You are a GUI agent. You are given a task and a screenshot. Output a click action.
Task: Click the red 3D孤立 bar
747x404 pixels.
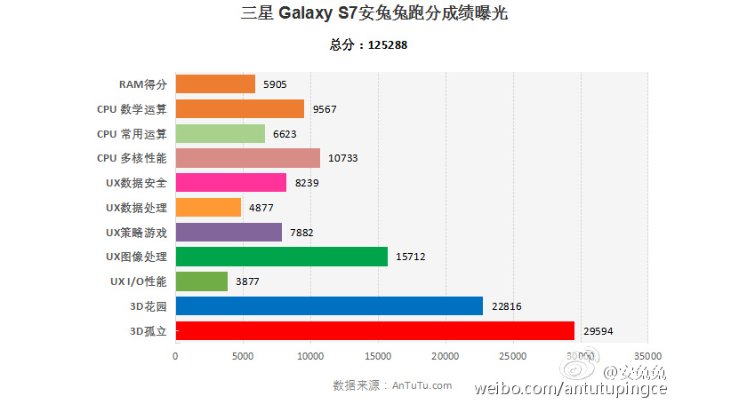[x=375, y=330]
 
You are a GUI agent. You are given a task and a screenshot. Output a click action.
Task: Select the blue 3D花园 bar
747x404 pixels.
[x=329, y=306]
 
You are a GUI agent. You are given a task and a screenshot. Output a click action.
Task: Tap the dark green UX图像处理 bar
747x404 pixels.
[x=282, y=257]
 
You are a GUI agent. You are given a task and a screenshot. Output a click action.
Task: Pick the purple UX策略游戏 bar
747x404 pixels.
[x=229, y=233]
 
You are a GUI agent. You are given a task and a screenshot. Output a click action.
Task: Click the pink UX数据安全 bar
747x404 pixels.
[x=231, y=183]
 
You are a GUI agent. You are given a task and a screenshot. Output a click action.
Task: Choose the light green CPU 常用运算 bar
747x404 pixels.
[x=221, y=134]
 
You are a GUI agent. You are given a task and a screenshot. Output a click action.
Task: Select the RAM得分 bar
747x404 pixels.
[x=215, y=83]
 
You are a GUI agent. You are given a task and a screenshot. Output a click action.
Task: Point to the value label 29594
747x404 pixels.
[x=598, y=331]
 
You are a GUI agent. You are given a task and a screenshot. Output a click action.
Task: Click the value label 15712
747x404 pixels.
[x=410, y=257]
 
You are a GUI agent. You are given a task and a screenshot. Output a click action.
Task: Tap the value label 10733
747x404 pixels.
[x=342, y=158]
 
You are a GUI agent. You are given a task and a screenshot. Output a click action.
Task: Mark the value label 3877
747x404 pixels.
[x=247, y=281]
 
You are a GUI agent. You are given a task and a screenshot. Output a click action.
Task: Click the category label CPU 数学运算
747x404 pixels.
[x=132, y=109]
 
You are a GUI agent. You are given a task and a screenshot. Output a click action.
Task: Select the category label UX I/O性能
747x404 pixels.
[x=138, y=281]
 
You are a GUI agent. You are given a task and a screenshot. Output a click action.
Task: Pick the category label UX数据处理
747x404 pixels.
[x=136, y=208]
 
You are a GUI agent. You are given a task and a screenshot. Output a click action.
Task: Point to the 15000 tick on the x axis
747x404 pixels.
[x=378, y=356]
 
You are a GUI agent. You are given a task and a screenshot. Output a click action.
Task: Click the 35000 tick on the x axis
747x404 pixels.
[x=648, y=356]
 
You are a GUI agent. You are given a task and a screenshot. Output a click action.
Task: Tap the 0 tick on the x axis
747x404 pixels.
[x=175, y=356]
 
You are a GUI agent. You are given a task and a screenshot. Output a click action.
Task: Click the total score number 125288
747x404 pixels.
[x=388, y=45]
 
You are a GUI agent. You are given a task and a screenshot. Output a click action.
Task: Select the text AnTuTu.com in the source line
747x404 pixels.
[x=422, y=385]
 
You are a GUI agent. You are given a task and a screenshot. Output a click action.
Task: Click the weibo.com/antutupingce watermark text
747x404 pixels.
[x=570, y=389]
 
